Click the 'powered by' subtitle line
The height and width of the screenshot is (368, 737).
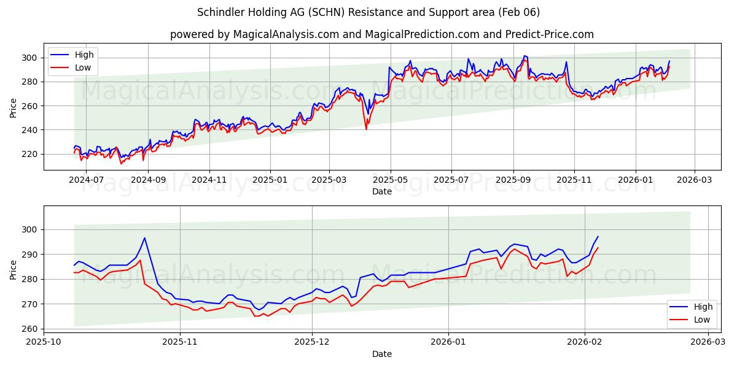click(x=381, y=34)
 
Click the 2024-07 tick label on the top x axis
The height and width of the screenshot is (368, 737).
click(x=87, y=180)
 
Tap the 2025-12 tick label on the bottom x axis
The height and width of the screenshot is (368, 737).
click(x=312, y=341)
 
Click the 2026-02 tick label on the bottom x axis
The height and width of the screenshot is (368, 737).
click(x=585, y=341)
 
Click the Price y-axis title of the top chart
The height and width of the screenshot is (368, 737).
click(x=14, y=108)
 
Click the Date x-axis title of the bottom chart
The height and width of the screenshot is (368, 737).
click(x=381, y=354)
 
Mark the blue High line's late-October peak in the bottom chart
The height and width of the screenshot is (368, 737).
click(x=144, y=238)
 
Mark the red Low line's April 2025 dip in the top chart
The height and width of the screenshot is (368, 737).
click(x=366, y=129)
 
